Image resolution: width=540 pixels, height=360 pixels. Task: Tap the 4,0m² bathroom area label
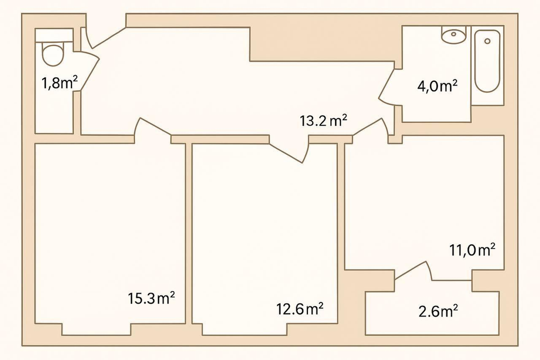click(x=437, y=86)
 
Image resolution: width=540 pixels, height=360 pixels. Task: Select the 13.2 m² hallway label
click(x=323, y=121)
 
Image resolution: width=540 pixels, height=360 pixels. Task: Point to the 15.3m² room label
click(x=151, y=298)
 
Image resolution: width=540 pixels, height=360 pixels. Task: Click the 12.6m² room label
click(x=299, y=308)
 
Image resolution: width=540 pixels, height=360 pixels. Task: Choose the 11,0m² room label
click(x=472, y=250)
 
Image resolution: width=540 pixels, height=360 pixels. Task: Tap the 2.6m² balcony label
click(x=438, y=311)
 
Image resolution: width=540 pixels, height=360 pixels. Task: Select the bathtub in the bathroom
click(x=487, y=61)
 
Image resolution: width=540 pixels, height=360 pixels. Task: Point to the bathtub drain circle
click(x=487, y=41)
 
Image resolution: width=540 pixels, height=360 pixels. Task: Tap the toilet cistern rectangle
click(x=54, y=34)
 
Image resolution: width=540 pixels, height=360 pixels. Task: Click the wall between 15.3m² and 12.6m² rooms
click(x=188, y=233)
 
